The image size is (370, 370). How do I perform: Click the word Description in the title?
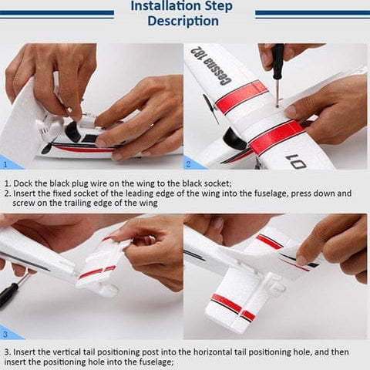183,21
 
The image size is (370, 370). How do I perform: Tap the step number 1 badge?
6,163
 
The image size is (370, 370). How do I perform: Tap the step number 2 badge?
189,163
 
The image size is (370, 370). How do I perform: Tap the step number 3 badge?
6,334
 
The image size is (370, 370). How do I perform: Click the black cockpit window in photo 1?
74,133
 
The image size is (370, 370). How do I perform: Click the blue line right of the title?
312,13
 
